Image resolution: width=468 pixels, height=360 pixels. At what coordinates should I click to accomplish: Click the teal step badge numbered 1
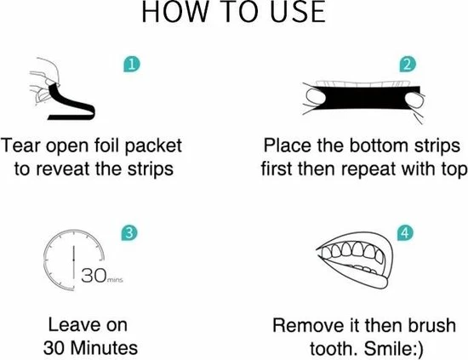click(132, 65)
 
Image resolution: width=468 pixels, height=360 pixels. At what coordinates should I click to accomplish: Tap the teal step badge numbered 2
click(408, 64)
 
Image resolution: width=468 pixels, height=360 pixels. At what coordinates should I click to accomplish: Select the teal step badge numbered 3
click(129, 233)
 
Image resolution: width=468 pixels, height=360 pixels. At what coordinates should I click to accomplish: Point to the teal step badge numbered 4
click(405, 232)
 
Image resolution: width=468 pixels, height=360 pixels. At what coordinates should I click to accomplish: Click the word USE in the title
click(298, 12)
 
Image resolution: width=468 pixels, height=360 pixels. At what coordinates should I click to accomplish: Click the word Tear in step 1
click(20, 146)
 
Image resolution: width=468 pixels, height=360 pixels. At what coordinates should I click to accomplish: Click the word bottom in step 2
click(379, 146)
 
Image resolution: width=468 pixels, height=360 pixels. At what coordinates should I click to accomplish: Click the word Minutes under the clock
click(104, 348)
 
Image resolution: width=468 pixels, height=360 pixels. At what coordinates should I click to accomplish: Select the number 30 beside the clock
click(94, 275)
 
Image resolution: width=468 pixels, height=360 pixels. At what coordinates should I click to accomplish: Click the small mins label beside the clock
click(115, 280)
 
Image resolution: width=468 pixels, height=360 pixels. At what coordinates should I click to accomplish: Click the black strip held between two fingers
click(363, 98)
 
